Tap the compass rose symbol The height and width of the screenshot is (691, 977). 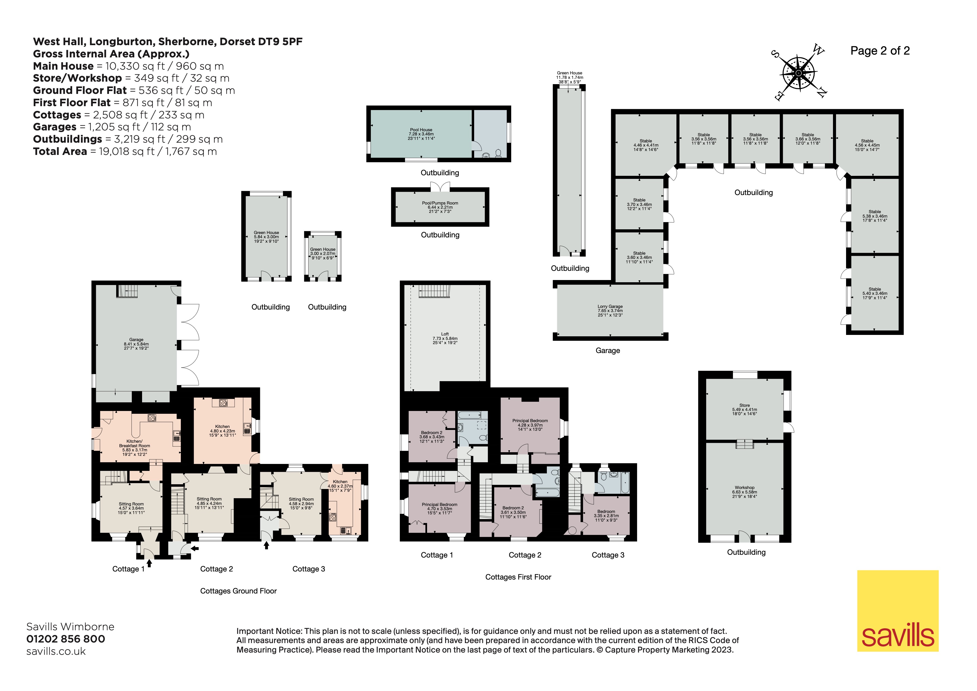pyautogui.click(x=798, y=74)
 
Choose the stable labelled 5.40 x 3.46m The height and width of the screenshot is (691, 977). pyautogui.click(x=874, y=293)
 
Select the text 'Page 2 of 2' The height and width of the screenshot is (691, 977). pyautogui.click(x=879, y=51)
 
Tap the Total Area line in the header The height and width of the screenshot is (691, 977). pyautogui.click(x=125, y=152)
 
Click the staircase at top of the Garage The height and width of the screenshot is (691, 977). pyautogui.click(x=128, y=291)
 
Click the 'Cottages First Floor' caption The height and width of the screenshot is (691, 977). pyautogui.click(x=518, y=577)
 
